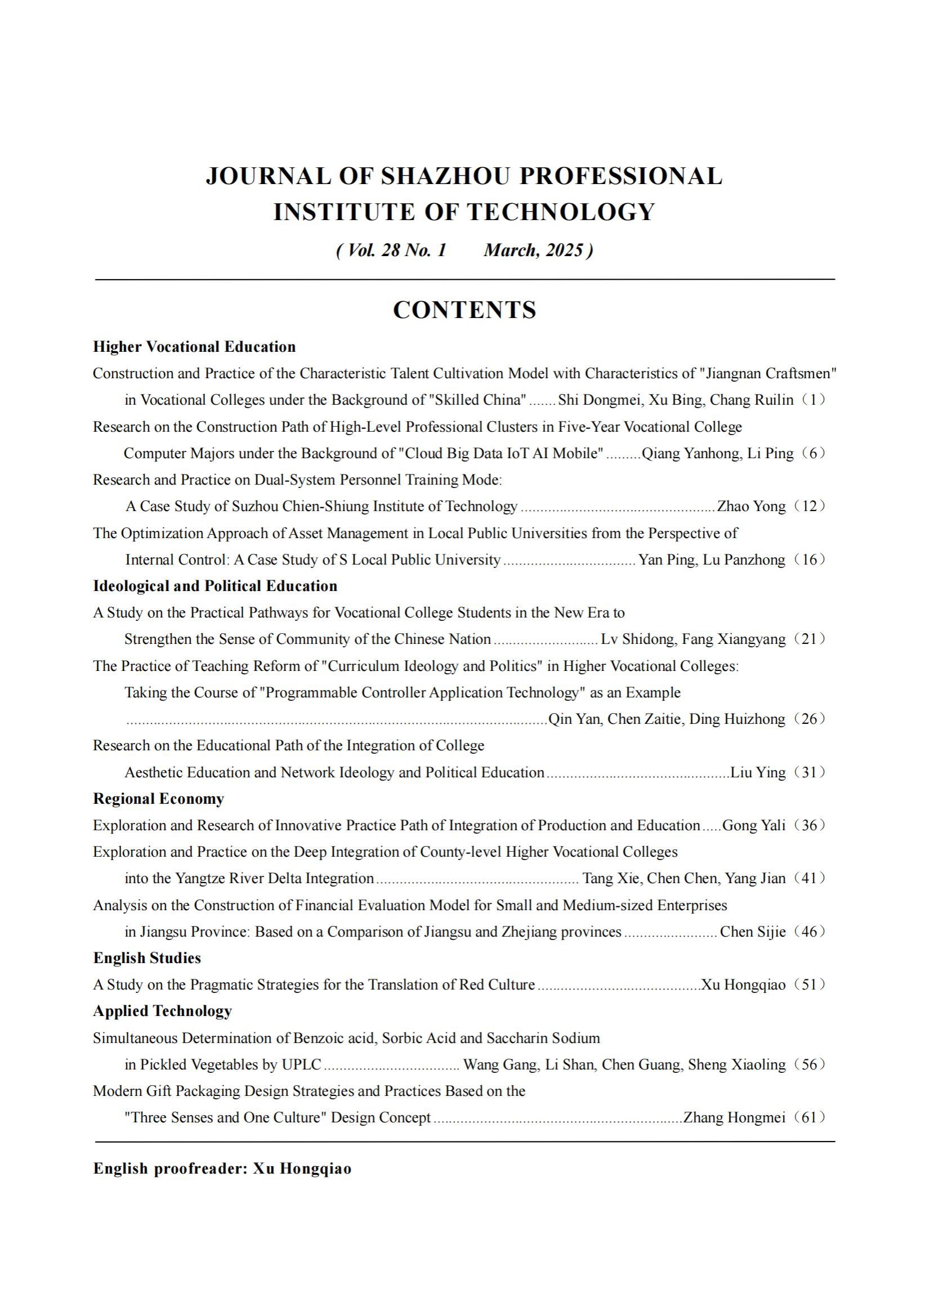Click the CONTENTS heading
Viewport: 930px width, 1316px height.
[x=464, y=310]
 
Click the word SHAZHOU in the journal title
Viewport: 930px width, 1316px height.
[x=445, y=176]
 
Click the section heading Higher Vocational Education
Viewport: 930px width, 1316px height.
[x=194, y=347]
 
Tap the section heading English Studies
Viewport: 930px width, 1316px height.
[x=147, y=958]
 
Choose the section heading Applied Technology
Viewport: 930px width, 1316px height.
[x=162, y=1010]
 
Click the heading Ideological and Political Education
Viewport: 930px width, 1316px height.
[x=215, y=586]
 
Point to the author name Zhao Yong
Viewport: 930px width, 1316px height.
[x=751, y=506]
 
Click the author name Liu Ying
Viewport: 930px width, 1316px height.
[x=757, y=772]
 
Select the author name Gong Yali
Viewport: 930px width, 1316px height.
[x=753, y=825]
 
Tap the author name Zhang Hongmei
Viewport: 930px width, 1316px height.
[x=734, y=1117]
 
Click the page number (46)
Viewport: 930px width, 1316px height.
[x=810, y=932]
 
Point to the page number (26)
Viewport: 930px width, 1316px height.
[x=810, y=719]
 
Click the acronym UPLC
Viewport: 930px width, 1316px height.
[x=302, y=1064]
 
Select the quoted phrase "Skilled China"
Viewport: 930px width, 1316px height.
[x=477, y=400]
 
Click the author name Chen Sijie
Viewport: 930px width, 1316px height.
[x=752, y=932]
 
